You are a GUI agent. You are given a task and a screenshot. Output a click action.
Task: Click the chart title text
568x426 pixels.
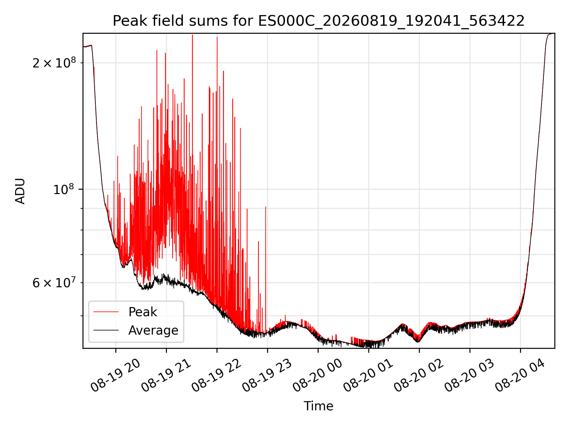pos(319,21)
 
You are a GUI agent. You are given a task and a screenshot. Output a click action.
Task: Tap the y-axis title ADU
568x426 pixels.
pos(20,191)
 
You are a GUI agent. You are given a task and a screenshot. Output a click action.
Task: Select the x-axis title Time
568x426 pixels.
pos(319,406)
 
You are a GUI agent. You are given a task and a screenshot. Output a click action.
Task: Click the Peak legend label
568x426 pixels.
pos(143,312)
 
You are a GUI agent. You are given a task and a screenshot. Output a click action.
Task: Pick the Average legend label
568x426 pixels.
pos(153,330)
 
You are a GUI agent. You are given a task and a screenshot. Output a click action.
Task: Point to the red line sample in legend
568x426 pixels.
pos(106,312)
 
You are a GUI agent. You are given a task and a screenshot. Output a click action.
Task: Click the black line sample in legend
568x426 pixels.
pos(106,330)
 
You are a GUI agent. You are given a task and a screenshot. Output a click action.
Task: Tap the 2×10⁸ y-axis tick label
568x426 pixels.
pos(54,63)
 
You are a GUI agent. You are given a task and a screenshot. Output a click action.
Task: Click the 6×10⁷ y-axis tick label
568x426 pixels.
pos(54,283)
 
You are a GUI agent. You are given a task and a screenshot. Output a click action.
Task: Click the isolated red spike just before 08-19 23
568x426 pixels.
pos(266,269)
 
